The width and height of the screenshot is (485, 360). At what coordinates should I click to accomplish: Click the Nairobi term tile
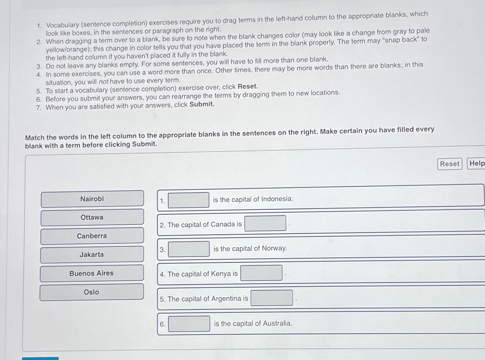[x=92, y=199]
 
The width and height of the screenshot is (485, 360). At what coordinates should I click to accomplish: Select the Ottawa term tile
[x=92, y=217]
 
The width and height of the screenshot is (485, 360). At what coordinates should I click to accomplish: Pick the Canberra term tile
[x=92, y=236]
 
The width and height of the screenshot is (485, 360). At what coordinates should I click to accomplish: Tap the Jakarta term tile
[x=92, y=254]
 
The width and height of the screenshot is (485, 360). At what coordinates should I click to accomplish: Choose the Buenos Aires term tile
[x=91, y=273]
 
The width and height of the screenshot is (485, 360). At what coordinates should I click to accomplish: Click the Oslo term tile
[x=91, y=292]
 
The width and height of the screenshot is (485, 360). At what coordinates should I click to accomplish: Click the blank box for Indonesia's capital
[x=188, y=200]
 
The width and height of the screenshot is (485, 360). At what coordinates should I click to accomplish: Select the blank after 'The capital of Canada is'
[x=265, y=223]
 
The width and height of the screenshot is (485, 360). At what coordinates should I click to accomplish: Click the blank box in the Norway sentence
[x=189, y=249]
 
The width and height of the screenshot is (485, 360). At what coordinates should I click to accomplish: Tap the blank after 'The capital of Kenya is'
[x=261, y=273]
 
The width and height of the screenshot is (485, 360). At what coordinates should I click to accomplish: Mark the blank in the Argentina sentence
[x=272, y=298]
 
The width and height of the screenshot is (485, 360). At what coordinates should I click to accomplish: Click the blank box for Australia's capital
[x=189, y=324]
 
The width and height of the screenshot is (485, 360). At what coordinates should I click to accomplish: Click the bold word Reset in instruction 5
[x=248, y=86]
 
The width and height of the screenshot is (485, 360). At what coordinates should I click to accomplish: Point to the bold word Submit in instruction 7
[x=202, y=104]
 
